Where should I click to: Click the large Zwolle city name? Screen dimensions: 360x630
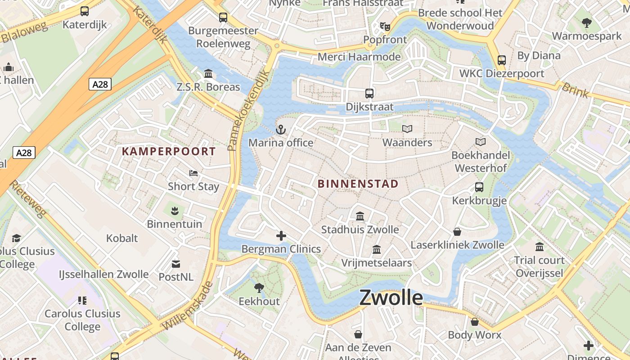391,298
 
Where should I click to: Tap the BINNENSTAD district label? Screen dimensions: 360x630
358,184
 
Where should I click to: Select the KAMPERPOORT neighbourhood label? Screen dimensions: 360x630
169,151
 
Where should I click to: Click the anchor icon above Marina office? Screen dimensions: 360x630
281,130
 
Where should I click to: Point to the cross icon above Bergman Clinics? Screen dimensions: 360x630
281,236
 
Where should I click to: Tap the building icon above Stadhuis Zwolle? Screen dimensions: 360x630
360,216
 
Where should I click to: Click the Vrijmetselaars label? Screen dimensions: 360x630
376,263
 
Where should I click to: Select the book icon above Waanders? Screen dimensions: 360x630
407,129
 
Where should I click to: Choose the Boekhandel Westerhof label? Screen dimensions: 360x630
481,162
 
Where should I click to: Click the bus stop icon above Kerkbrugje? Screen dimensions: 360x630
479,187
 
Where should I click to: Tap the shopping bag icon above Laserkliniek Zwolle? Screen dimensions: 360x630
457,232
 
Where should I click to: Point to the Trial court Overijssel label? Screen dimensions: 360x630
539,266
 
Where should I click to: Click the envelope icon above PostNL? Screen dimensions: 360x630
176,264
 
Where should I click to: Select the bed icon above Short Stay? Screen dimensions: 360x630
193,173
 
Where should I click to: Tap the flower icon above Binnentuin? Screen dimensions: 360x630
175,210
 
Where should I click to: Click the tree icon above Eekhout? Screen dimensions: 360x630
259,288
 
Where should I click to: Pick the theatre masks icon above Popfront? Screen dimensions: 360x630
385,27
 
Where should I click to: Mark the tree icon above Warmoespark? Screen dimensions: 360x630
586,22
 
